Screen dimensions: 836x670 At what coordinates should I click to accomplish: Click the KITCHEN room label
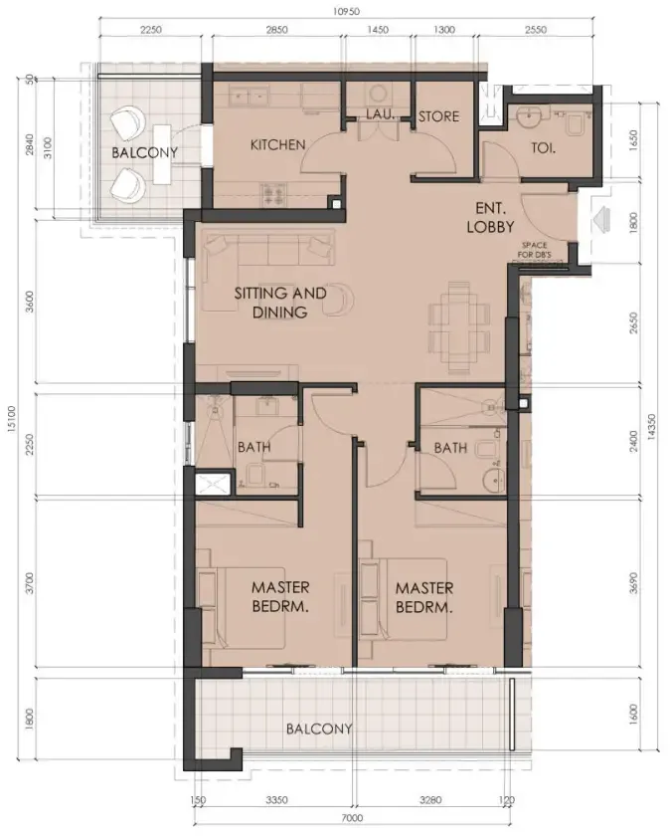coord(277,145)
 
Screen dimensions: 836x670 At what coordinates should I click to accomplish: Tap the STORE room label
coord(438,116)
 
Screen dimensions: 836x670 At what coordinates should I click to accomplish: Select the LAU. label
coord(380,115)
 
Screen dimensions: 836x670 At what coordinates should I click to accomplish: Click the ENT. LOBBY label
coord(488,218)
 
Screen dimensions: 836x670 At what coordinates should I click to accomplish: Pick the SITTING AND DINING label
coord(279,303)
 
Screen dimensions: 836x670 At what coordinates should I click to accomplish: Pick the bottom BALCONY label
coord(319,729)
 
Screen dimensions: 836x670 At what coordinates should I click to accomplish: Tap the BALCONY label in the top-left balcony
coord(144,153)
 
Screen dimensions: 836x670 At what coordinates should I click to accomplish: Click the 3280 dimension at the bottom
coord(431,799)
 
